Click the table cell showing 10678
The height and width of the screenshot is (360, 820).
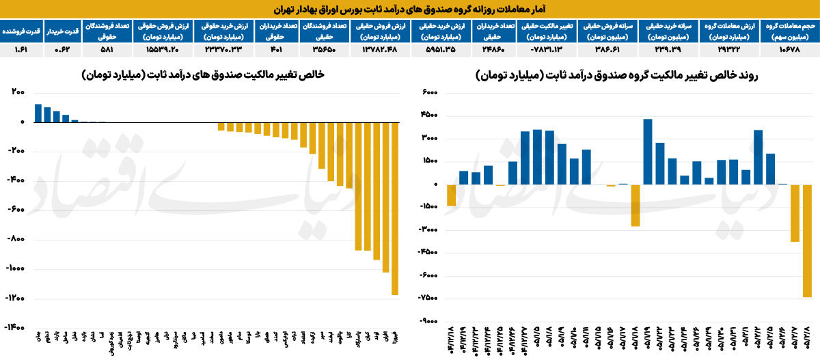pyautogui.click(x=790, y=50)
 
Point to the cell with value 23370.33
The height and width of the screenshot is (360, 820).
pyautogui.click(x=222, y=50)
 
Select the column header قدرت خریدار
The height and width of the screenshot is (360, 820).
pyautogui.click(x=63, y=31)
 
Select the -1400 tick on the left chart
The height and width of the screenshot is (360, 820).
pyautogui.click(x=14, y=328)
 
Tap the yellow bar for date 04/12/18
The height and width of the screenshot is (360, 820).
pyautogui.click(x=451, y=195)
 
